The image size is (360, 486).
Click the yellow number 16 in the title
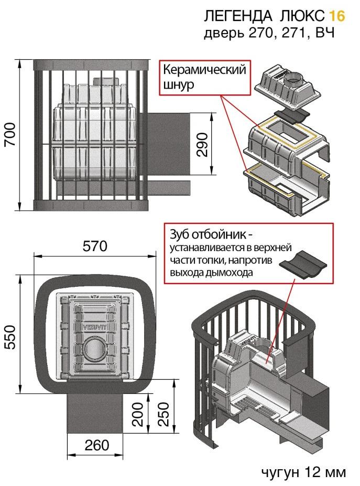point(338,16)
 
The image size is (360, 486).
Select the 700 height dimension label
point(12,135)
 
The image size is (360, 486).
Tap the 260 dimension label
point(96,445)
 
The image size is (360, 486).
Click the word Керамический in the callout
point(204,71)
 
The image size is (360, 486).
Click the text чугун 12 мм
point(303,472)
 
